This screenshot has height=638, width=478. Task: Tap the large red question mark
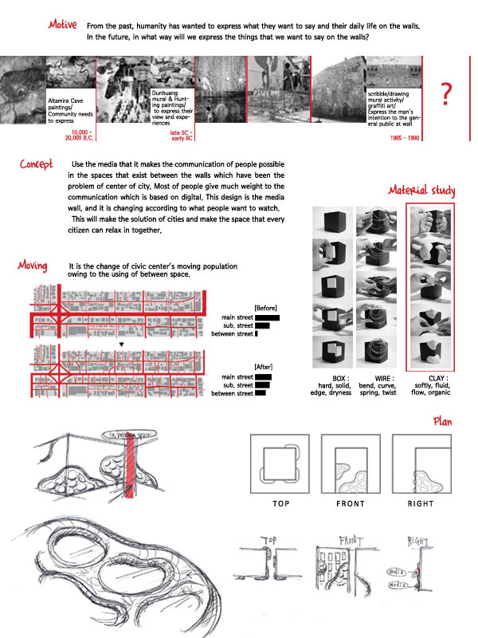click(447, 94)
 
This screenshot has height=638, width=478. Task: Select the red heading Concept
click(37, 165)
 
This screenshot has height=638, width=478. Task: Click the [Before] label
click(264, 308)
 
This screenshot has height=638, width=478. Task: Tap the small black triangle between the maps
click(120, 345)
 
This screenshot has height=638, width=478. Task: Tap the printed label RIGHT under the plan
click(421, 504)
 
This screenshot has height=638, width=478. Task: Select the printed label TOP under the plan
click(281, 504)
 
